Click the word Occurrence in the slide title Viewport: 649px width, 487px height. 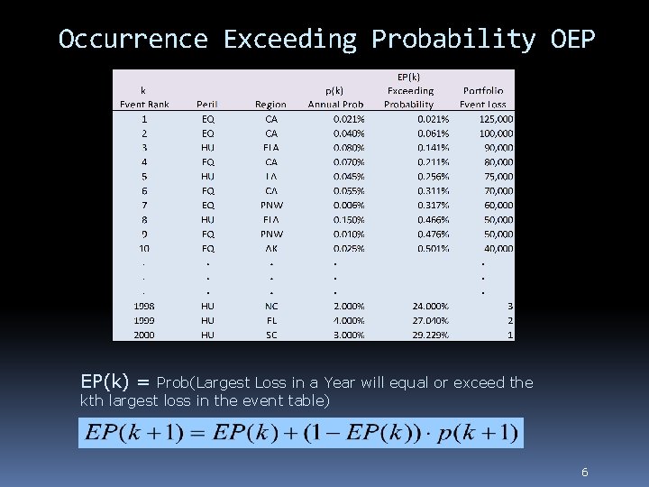[x=133, y=40]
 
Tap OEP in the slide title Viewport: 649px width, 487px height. [x=571, y=40]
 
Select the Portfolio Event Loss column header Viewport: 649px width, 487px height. [x=484, y=97]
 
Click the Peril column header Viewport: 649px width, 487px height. [x=207, y=105]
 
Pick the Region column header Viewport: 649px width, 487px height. [x=271, y=105]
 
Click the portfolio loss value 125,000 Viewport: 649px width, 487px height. [x=497, y=119]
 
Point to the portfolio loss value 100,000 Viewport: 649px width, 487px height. [x=497, y=133]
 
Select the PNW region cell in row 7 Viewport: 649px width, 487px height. [x=271, y=206]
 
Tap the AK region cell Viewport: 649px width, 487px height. [x=271, y=248]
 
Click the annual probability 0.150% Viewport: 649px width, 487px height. [x=349, y=219]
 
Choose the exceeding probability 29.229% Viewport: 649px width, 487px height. [x=430, y=335]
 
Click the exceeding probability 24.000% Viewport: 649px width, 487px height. [x=430, y=306]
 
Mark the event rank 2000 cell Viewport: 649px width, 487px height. [x=144, y=335]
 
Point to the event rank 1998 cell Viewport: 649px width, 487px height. [x=144, y=306]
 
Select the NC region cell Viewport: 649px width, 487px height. [x=271, y=306]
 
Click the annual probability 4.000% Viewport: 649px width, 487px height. [x=349, y=320]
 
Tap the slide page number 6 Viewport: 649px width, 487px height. [x=585, y=472]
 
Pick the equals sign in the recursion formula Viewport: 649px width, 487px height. [x=201, y=434]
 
